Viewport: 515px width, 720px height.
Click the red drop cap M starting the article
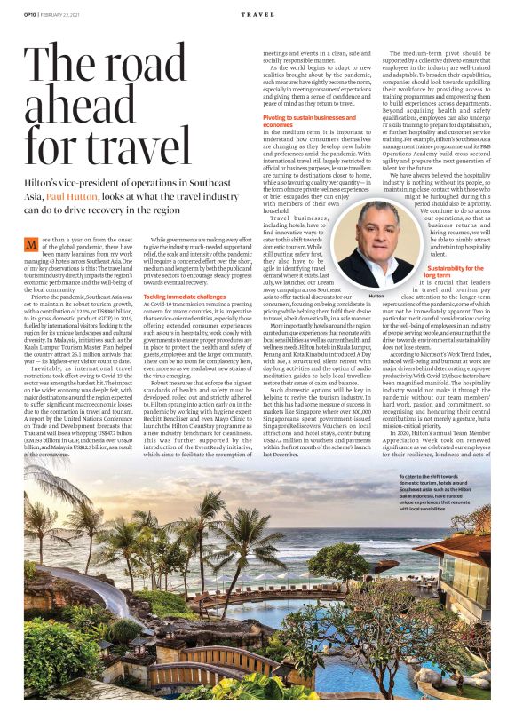coord(32,244)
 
